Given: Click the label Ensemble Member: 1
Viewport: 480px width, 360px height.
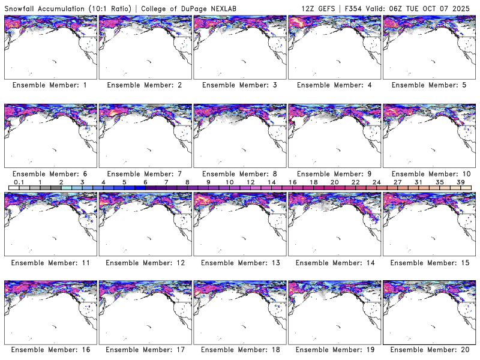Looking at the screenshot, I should point(50,85).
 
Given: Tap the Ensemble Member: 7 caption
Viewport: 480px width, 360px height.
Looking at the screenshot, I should point(145,174).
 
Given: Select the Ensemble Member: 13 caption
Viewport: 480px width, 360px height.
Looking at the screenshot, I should point(239,263).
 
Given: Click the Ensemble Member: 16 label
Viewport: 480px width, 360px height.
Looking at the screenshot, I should point(50,350).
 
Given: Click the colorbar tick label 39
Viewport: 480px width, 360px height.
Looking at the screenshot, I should point(461,182).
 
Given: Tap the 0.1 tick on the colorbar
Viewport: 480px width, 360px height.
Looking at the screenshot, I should point(19,182).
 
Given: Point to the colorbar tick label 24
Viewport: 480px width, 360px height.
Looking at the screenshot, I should point(376,182).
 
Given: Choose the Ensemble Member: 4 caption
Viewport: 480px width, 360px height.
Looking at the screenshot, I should point(334,85).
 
